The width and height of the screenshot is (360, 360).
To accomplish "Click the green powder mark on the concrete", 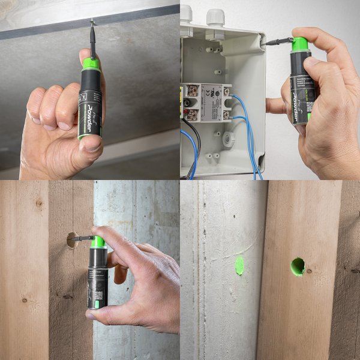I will tap(239, 265).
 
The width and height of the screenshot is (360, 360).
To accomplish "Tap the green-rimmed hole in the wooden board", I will tap(298, 266).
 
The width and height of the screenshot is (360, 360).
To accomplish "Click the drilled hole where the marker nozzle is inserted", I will tap(72, 240).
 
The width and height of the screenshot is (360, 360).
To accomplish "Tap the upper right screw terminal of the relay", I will tap(226, 92).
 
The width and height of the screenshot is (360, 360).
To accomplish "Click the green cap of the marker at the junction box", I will tap(299, 44).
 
